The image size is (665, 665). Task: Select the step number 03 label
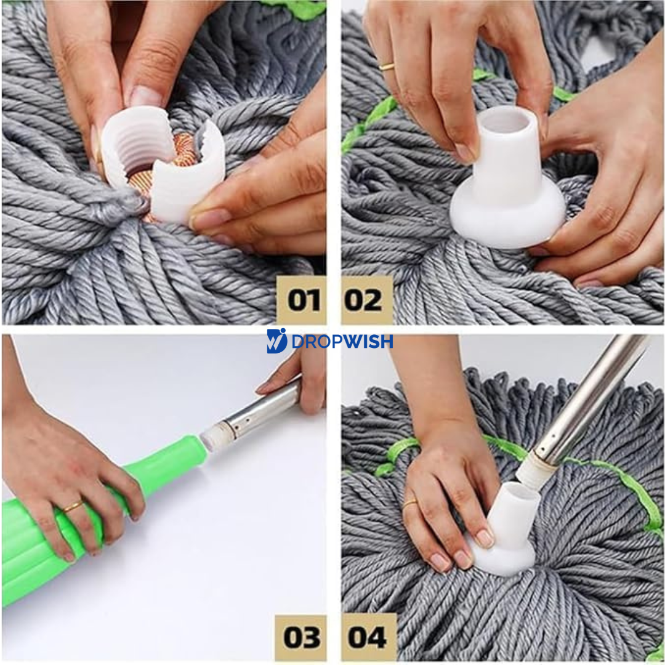coord(301,637)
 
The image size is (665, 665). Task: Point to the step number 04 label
coord(368,637)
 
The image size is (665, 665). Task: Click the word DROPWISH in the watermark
coord(342,341)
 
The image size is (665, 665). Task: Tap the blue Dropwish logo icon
coord(276,341)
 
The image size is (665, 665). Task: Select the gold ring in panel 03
coord(73,506)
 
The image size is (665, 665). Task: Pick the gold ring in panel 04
coord(410,504)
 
